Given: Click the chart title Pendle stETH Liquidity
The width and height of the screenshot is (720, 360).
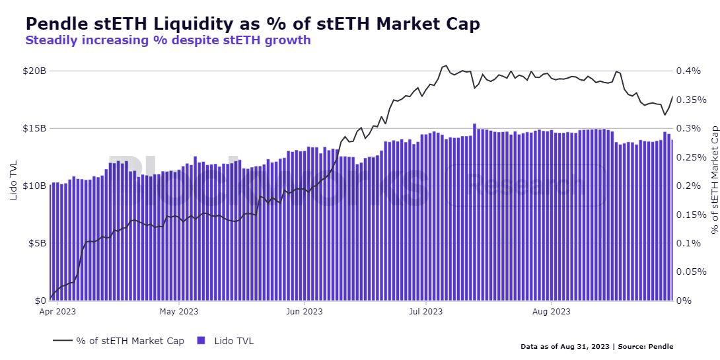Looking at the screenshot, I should point(252,23).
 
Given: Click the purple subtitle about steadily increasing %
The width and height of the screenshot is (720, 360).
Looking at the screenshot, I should point(168,40).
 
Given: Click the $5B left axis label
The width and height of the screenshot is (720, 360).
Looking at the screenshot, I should point(36,243).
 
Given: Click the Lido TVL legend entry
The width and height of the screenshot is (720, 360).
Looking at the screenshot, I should point(226,341).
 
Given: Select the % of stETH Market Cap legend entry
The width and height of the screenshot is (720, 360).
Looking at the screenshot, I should point(119,341).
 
